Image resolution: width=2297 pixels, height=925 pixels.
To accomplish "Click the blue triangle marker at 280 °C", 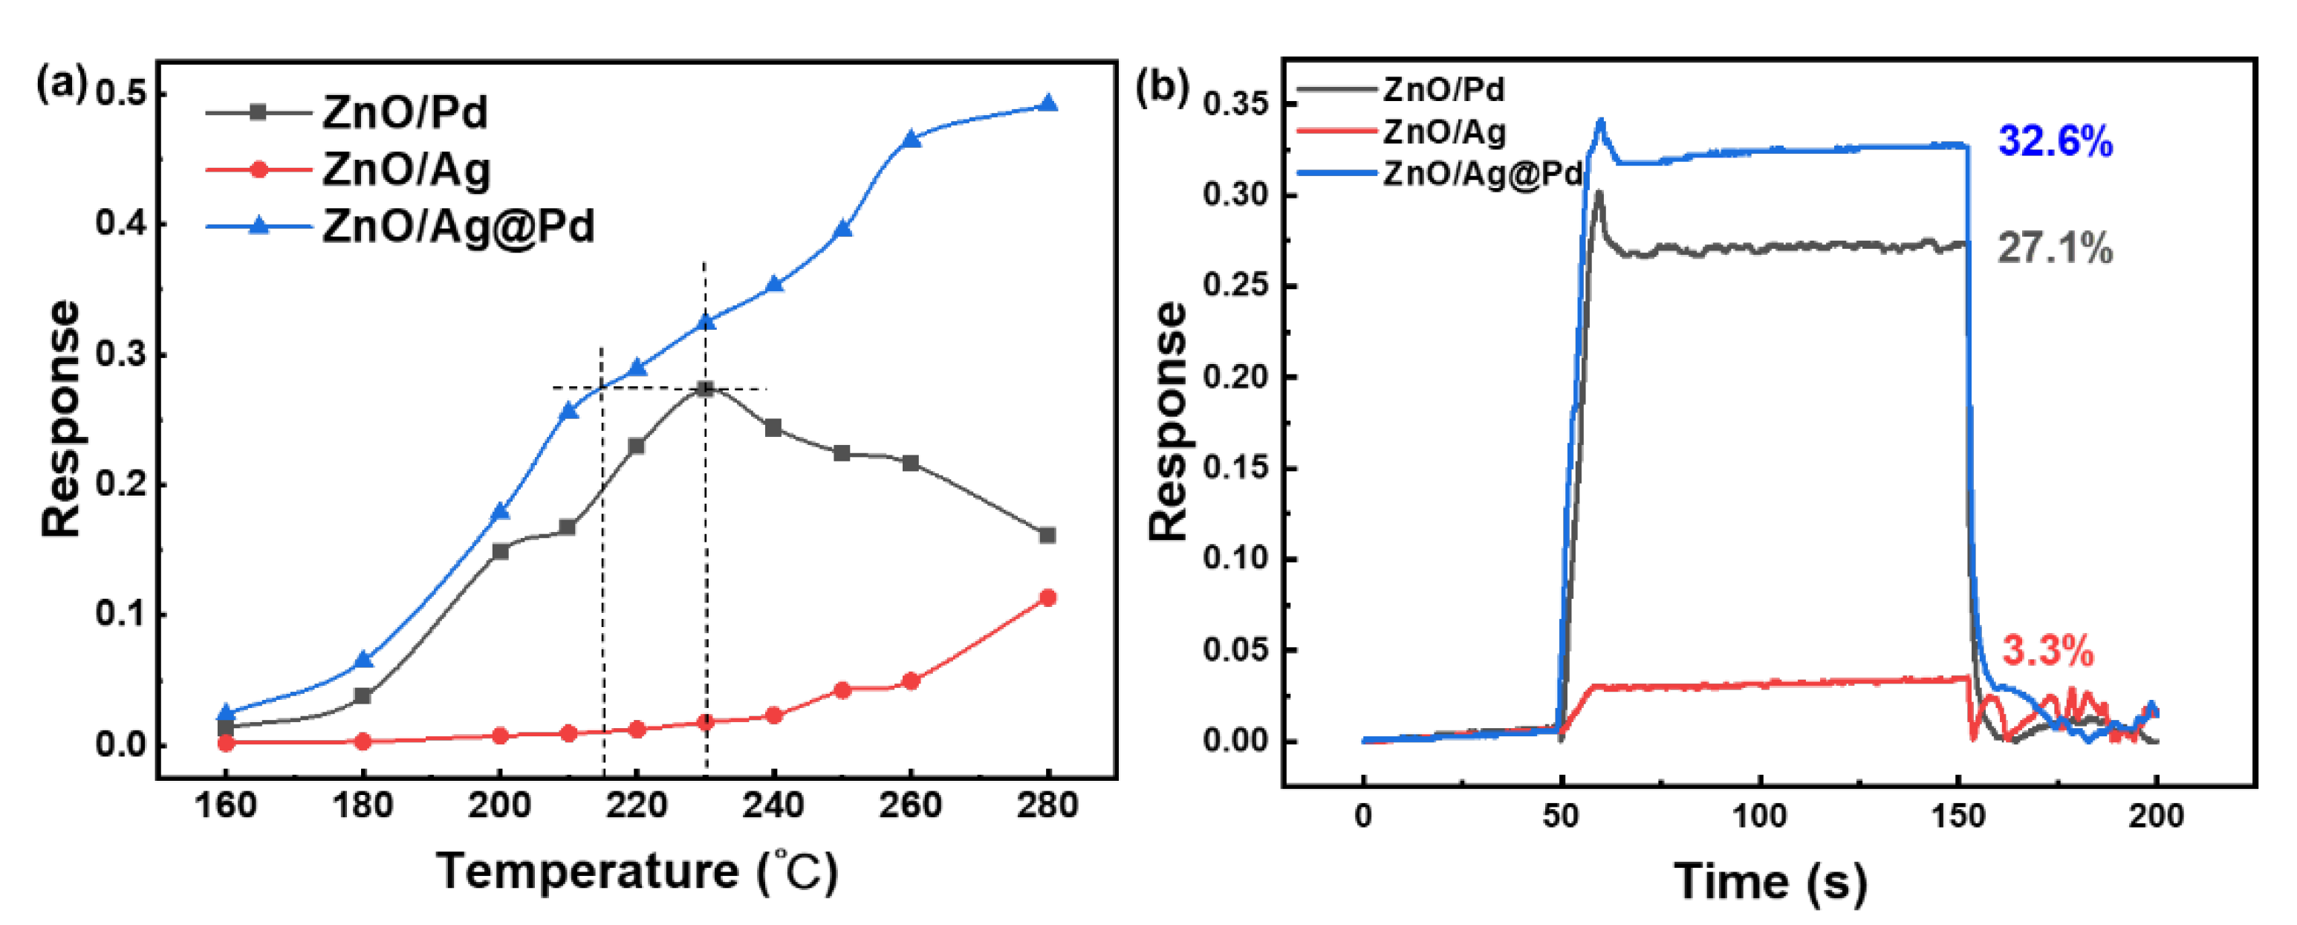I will click(x=1049, y=104).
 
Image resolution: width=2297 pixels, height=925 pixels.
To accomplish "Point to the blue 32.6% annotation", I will click(x=2055, y=141).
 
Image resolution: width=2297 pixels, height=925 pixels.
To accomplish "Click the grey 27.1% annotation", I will click(x=2055, y=248).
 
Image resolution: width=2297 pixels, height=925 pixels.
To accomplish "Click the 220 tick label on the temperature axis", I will click(x=636, y=805).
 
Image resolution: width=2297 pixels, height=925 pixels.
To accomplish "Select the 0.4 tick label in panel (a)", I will click(x=120, y=223).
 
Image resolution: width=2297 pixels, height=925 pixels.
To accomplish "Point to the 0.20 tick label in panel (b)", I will click(x=1236, y=377).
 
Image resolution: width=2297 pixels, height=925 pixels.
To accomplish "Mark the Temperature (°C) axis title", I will click(x=637, y=872).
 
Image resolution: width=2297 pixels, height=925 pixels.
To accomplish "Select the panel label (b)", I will click(x=1162, y=86).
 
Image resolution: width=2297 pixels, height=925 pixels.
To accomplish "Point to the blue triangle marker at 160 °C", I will click(x=226, y=713).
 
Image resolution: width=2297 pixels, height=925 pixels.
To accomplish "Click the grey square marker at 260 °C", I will click(x=911, y=463).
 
